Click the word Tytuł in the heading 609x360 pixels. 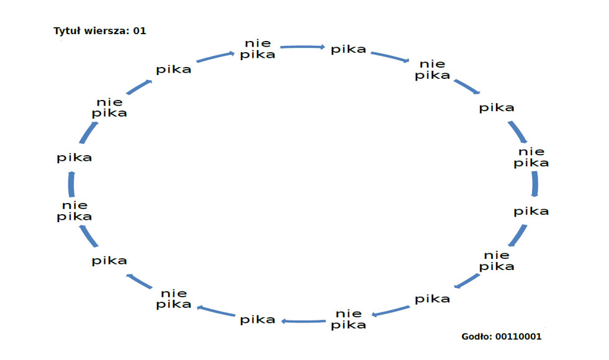click(66, 30)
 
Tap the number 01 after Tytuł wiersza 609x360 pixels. click(140, 30)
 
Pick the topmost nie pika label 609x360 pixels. click(258, 48)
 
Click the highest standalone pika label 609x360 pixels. click(348, 49)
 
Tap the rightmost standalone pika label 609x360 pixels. click(531, 211)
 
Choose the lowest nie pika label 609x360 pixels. click(348, 319)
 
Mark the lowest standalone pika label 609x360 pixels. click(258, 320)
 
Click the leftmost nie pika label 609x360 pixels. click(74, 211)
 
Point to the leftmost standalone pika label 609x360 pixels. click(74, 158)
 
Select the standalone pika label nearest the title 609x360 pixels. click(174, 70)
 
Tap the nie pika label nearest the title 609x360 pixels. click(109, 107)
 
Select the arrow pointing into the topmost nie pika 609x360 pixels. click(217, 56)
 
